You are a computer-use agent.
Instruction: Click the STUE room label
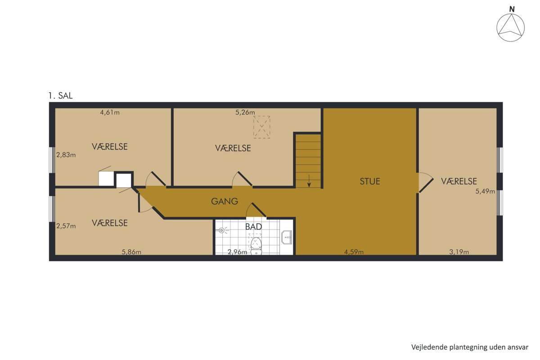tap(370, 181)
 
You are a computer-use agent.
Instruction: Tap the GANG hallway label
tap(225, 201)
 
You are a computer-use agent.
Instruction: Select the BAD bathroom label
tap(253, 227)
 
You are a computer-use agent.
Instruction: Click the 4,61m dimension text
tap(110, 112)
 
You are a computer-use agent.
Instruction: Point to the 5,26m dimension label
tap(245, 112)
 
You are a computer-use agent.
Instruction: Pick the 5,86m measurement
tap(131, 252)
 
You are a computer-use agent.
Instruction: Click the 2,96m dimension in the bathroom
tap(238, 252)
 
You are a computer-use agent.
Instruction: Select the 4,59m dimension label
tap(354, 252)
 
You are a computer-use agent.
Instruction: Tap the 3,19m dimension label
tap(459, 252)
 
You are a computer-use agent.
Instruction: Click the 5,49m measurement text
tap(485, 191)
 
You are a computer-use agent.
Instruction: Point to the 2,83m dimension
tap(66, 155)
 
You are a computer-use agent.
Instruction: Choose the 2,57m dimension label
tap(66, 226)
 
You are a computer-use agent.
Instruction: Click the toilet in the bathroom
tap(256, 245)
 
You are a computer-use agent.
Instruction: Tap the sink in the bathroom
tap(287, 237)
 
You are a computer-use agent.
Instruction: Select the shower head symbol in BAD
tap(222, 230)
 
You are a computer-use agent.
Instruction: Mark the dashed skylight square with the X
tap(261, 127)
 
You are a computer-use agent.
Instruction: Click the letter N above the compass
tap(512, 9)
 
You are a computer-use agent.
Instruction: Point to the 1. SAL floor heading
tap(60, 96)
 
